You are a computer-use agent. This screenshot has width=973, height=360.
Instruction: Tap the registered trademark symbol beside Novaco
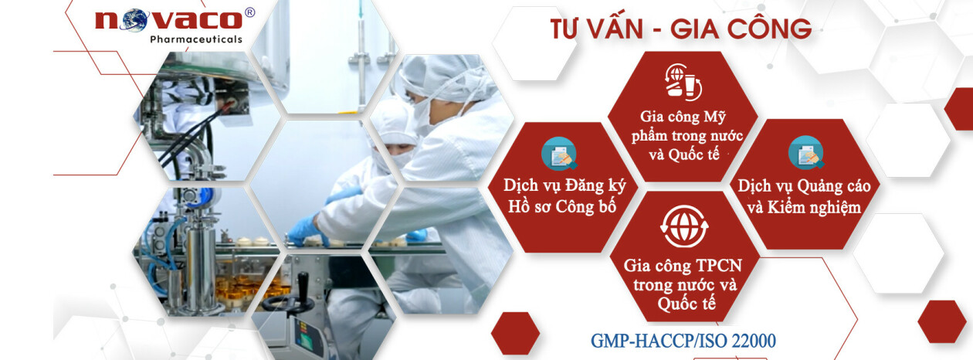(x=249, y=13)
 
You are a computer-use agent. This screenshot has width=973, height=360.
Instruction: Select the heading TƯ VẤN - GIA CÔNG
(x=680, y=29)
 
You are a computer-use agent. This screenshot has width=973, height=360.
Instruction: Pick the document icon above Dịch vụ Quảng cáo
(x=805, y=153)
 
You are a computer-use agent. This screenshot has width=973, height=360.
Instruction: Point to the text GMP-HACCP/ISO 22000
(x=683, y=341)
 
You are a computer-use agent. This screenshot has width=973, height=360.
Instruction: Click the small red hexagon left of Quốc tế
(x=515, y=333)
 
